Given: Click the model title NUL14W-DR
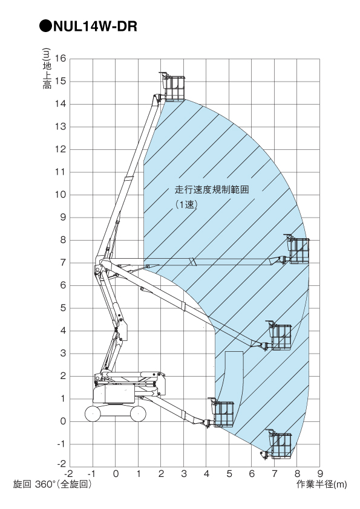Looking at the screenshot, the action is [x=95, y=26].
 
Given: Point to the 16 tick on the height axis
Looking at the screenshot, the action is [x=61, y=59].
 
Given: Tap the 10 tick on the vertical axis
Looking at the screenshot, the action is [x=61, y=195].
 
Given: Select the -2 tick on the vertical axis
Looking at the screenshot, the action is [x=61, y=464].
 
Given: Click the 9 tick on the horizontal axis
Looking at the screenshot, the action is [x=320, y=474].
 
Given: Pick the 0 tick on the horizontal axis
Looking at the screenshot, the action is [x=116, y=474].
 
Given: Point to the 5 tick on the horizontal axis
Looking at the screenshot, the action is [x=229, y=474].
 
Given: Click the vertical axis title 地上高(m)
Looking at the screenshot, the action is [x=47, y=68].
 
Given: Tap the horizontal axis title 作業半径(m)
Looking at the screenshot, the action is [x=321, y=485].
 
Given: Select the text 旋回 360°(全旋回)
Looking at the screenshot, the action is [x=52, y=484].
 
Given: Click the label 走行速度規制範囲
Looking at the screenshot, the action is [x=212, y=190].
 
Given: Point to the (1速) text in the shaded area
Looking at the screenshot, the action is [x=186, y=204].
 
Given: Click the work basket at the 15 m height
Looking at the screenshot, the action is [x=173, y=87].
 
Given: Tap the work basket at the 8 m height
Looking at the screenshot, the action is [x=297, y=249].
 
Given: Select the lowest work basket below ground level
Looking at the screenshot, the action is [x=279, y=444].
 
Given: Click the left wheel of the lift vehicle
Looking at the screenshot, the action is [x=93, y=414].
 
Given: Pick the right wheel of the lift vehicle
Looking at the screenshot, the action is [x=138, y=414].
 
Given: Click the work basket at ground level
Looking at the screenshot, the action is [x=221, y=413].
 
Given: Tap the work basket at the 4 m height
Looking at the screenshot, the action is [x=279, y=336].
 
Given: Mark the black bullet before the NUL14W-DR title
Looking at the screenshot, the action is [x=45, y=26].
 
